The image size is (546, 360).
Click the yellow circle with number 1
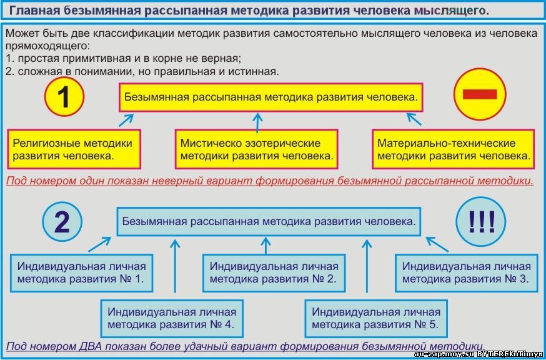click(64, 96)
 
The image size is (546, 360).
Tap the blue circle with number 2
click(62, 222)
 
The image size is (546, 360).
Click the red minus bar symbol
click(480, 94)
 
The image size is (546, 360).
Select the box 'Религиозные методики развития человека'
click(74, 149)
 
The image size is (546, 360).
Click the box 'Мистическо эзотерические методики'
click(256, 149)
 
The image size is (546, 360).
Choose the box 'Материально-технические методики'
click(453, 149)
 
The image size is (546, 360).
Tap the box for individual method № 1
click(81, 273)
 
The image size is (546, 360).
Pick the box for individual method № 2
click(274, 273)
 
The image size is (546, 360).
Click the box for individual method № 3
click(467, 273)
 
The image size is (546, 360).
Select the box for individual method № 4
click(172, 318)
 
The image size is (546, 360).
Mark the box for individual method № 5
click(376, 318)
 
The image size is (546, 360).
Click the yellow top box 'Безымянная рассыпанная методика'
click(271, 97)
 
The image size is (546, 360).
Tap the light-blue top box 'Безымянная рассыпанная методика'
click(269, 222)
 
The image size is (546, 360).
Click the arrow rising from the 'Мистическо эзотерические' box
click(257, 122)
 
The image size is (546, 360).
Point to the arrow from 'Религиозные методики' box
click(126, 120)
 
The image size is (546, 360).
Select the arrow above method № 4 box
click(175, 266)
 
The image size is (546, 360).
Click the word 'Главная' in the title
click(29, 11)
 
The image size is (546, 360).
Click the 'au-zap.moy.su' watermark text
click(444, 354)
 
